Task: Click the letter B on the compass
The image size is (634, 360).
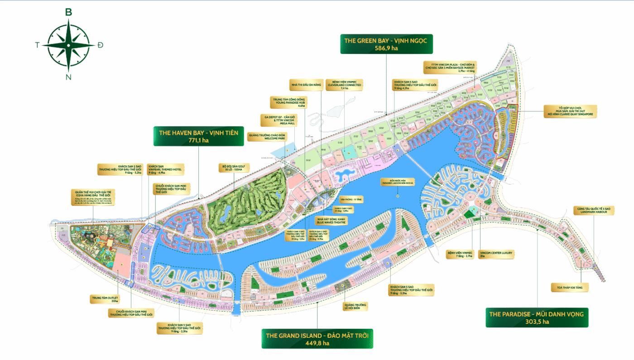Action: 69,12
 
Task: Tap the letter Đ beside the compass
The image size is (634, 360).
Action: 101,45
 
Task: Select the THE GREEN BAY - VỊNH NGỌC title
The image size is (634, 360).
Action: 386,40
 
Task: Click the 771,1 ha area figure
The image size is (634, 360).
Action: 198,141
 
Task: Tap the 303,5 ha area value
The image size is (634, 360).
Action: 537,322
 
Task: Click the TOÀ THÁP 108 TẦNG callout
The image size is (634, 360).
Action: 569,287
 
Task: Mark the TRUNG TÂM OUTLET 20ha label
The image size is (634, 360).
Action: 105,299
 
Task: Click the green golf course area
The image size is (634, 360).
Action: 245,199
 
